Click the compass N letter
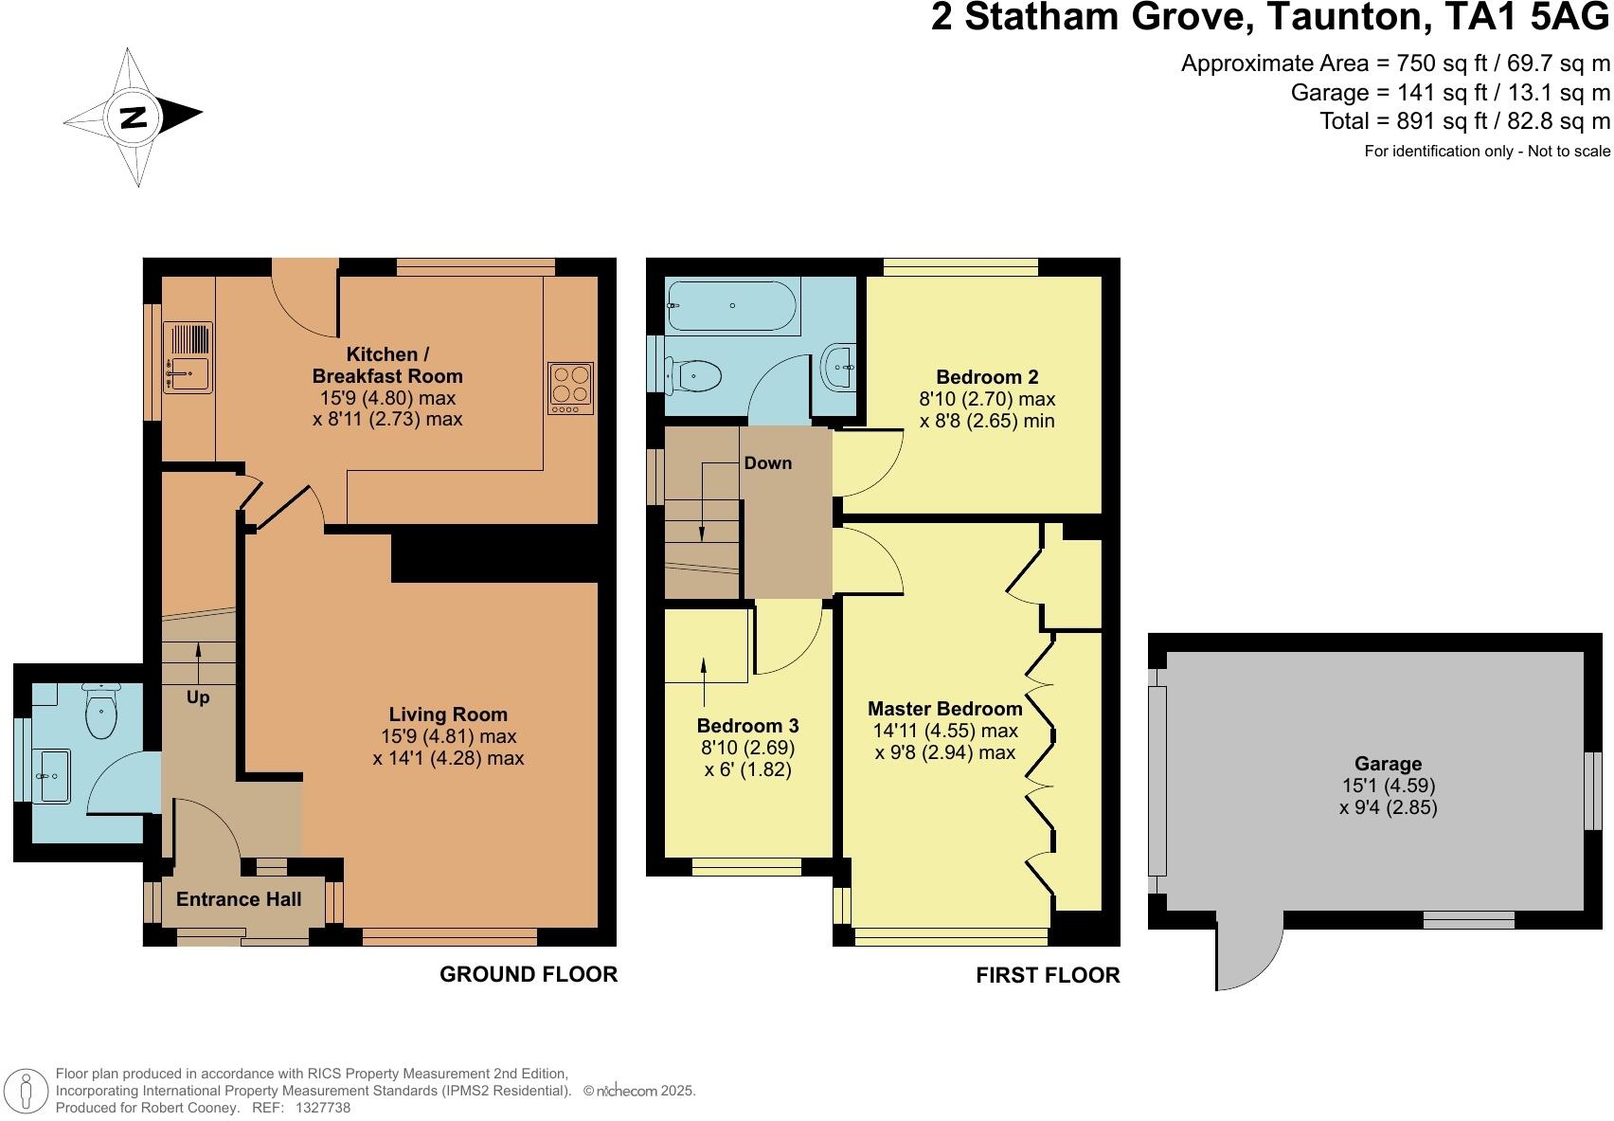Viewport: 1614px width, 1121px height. [x=134, y=118]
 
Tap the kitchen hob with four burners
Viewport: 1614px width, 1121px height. [x=570, y=388]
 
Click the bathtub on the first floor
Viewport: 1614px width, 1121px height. [x=731, y=305]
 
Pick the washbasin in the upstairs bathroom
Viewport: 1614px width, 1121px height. [x=840, y=367]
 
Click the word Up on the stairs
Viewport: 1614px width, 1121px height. [x=198, y=697]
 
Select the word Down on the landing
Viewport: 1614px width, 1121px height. [x=767, y=463]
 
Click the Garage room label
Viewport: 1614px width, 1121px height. [x=1388, y=764]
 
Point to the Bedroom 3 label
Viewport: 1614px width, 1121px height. [x=747, y=726]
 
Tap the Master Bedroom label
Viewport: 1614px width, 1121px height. [x=944, y=709]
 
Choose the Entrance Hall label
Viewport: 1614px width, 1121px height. [x=239, y=899]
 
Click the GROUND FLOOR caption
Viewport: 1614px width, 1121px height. [x=528, y=974]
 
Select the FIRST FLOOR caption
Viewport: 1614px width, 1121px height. [x=1048, y=975]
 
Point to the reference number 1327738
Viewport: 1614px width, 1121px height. [x=323, y=1107]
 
